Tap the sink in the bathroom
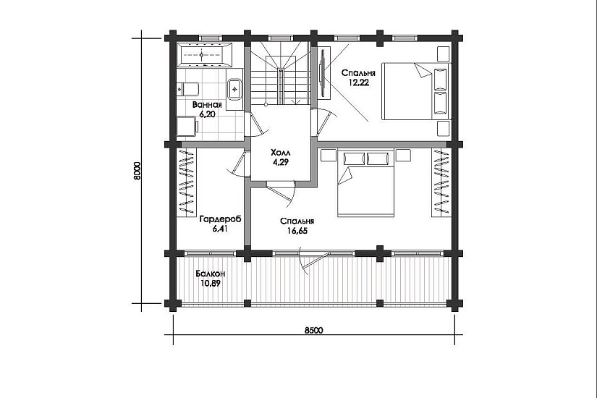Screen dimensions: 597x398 (x=235, y=89)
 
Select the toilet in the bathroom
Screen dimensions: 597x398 (x=188, y=89)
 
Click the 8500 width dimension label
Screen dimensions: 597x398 (x=314, y=330)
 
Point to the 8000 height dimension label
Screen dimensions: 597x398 (x=137, y=171)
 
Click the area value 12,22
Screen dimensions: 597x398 (x=358, y=82)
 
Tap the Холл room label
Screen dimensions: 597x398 (x=281, y=153)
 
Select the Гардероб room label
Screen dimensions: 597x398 (x=221, y=219)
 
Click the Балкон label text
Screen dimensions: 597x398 (x=211, y=274)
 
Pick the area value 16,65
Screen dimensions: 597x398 (x=297, y=231)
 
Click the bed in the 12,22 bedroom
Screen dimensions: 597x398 (x=416, y=91)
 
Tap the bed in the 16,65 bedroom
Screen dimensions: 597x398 (x=365, y=184)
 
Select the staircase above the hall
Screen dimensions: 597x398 (x=281, y=73)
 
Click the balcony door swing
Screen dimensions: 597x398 (x=312, y=261)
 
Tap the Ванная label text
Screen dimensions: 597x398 (x=207, y=105)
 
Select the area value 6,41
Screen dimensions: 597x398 (x=220, y=229)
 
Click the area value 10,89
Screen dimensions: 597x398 (x=210, y=284)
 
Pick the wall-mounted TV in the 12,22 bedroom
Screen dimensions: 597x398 (x=323, y=72)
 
